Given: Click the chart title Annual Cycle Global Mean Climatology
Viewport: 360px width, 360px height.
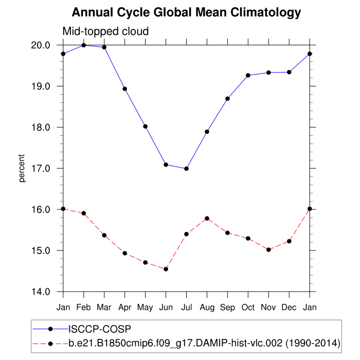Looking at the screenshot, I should pos(186,12).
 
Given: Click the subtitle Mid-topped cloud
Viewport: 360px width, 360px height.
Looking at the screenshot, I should pos(105,31).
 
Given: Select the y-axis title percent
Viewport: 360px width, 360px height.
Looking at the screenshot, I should pos(22,168).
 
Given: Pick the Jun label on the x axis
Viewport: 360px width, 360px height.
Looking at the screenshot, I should pos(166,307).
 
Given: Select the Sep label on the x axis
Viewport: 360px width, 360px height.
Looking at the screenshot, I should pos(227,307).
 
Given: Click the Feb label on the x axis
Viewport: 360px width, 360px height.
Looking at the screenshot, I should pos(83,307).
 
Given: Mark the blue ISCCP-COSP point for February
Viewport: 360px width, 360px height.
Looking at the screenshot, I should pos(84,45).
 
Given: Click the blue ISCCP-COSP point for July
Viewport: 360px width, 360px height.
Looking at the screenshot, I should pos(187,169).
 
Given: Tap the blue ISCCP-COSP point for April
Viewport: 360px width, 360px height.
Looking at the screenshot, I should pos(125,89).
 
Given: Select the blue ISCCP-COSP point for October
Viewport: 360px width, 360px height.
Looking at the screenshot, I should pos(248,76).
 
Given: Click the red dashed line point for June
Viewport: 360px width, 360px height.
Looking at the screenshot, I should pos(166,269).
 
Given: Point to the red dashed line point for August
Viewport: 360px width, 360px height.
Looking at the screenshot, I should pos(207,219).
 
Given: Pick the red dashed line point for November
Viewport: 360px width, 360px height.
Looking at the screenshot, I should pos(269,250).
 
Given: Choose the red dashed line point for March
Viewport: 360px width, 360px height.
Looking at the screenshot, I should pos(104,236).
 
